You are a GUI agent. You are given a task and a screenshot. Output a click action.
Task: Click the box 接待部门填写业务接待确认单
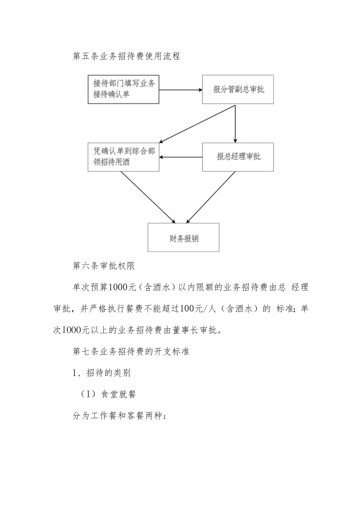pyautogui.click(x=124, y=90)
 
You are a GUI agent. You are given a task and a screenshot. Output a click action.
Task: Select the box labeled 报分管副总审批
pyautogui.click(x=238, y=90)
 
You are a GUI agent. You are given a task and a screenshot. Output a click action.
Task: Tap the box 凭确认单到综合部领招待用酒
pyautogui.click(x=124, y=157)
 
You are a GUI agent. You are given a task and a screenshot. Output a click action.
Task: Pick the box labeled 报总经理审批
pyautogui.click(x=238, y=157)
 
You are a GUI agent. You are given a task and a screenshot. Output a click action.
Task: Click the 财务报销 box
pyautogui.click(x=183, y=237)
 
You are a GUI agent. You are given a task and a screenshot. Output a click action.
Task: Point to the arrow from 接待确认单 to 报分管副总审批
pyautogui.click(x=181, y=90)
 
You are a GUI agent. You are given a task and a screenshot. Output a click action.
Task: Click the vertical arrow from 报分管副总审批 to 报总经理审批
pyautogui.click(x=235, y=123)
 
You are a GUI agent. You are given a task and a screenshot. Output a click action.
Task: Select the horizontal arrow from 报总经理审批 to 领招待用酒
pyautogui.click(x=181, y=157)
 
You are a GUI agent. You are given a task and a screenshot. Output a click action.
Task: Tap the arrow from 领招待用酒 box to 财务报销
pyautogui.click(x=148, y=197)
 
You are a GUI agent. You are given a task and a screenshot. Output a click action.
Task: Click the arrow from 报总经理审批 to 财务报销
pyautogui.click(x=211, y=197)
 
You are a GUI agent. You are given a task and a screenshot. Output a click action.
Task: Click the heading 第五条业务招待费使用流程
pyautogui.click(x=126, y=56)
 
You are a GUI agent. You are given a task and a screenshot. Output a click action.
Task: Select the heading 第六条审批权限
pyautogui.click(x=104, y=266)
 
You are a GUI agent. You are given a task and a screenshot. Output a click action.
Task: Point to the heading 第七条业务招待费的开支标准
pyautogui.click(x=131, y=351)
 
